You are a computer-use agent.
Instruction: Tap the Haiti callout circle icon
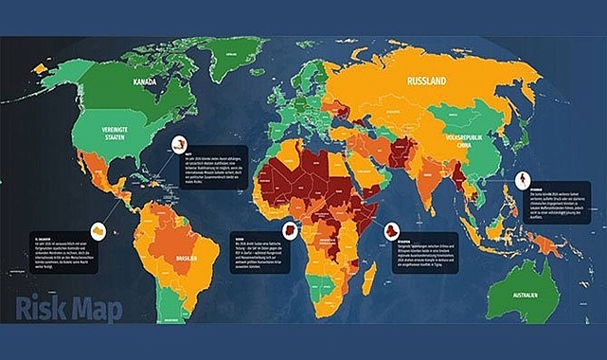coord(178,145)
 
